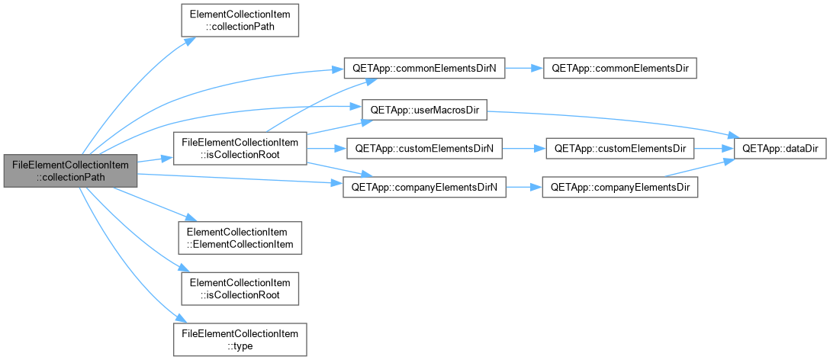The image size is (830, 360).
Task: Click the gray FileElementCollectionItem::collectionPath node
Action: click(x=70, y=171)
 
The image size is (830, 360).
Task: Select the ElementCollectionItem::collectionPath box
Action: click(x=240, y=21)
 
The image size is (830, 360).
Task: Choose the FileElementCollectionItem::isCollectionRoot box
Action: click(x=240, y=148)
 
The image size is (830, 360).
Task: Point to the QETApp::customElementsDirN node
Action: click(x=423, y=148)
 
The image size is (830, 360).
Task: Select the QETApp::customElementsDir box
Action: click(x=620, y=148)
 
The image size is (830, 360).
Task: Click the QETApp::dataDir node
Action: click(x=780, y=148)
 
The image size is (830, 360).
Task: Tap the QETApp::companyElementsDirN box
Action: click(x=423, y=188)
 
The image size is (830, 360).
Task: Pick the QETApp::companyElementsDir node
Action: click(x=620, y=188)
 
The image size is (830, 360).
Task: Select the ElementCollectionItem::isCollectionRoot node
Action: click(x=240, y=288)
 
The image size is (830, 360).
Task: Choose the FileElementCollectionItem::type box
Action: click(x=240, y=339)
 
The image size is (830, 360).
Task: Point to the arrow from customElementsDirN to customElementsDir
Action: click(x=523, y=148)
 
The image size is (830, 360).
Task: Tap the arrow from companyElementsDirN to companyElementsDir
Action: click(x=524, y=188)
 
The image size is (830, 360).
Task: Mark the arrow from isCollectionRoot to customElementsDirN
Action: click(x=327, y=148)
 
